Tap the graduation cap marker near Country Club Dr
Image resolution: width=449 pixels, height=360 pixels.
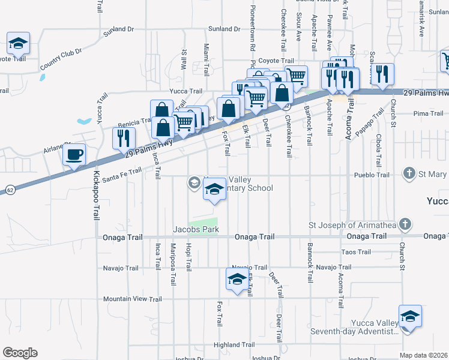tap(19, 44)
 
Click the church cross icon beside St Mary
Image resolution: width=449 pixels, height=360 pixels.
tap(409, 174)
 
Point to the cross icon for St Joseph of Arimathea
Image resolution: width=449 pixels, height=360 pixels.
tap(405, 224)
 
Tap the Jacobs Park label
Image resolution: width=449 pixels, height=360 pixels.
tap(196, 229)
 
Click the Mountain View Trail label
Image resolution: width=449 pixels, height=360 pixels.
tap(132, 299)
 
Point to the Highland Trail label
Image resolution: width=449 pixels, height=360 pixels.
tap(234, 345)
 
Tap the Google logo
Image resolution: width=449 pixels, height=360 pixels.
tap(20, 353)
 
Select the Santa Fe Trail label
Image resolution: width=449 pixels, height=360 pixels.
tap(122, 175)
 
